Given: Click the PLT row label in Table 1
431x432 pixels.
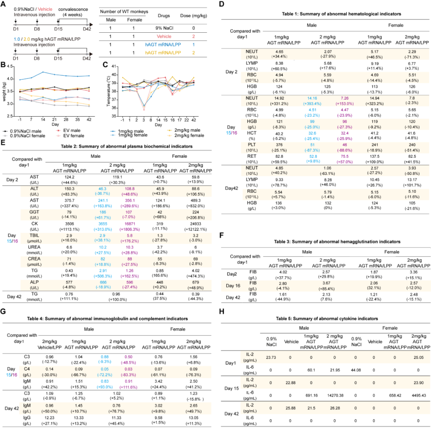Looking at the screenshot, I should tap(252, 146).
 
